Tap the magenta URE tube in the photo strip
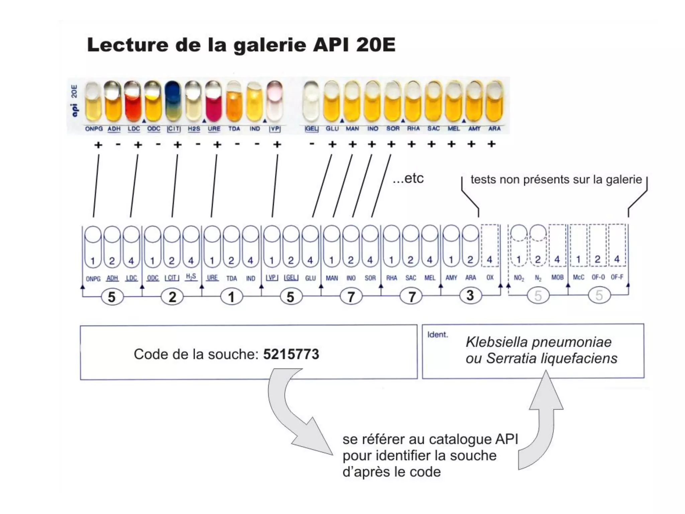213,102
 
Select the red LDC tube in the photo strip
133,102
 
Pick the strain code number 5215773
291,354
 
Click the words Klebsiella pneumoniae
539,342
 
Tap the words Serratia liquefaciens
552,358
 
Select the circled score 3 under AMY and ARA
470,295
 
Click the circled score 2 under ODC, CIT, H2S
172,297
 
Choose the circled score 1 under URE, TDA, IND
231,297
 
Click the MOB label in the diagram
557,277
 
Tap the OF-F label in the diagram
617,277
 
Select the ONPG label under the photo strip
94,129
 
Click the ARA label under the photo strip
494,128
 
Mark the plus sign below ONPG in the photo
98,145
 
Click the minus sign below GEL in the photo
312,145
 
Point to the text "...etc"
408,178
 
